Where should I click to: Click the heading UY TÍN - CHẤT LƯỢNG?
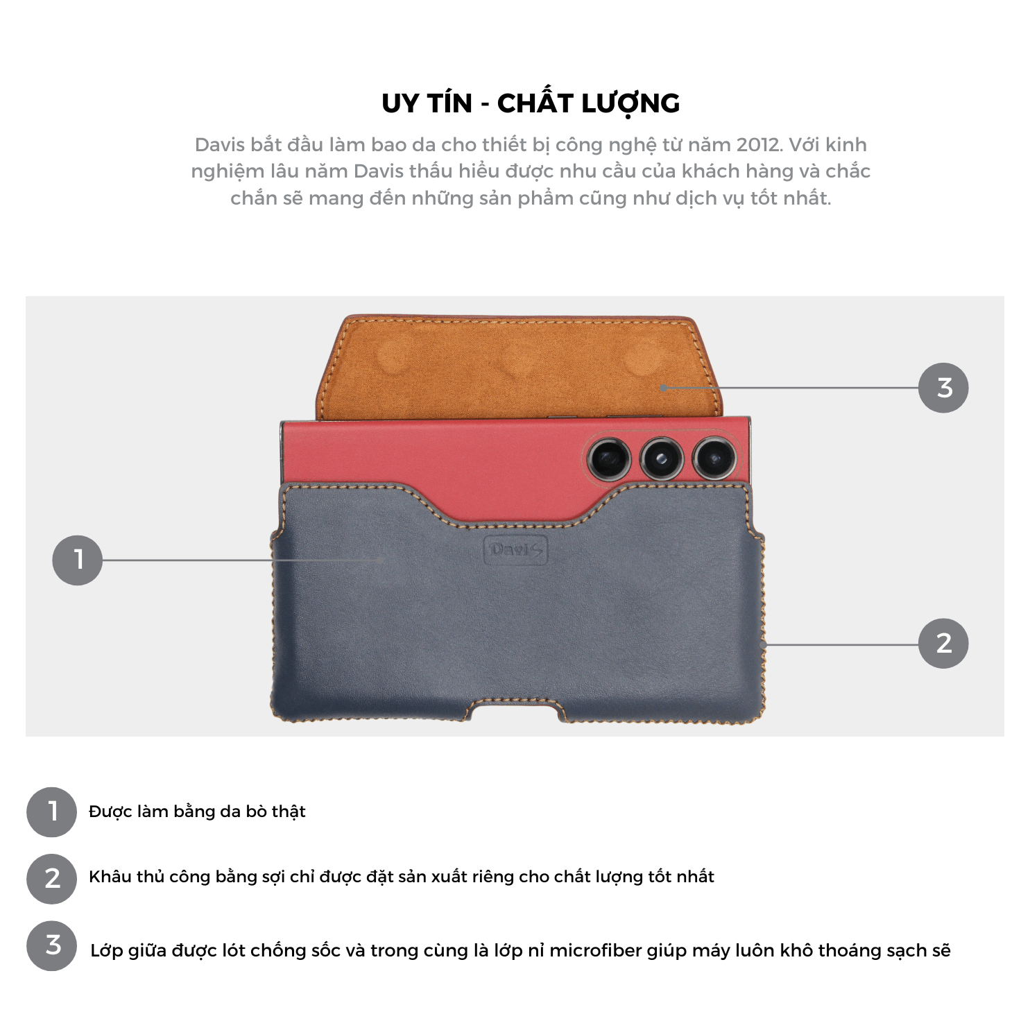pyautogui.click(x=531, y=103)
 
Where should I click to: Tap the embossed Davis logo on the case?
pyautogui.click(x=515, y=551)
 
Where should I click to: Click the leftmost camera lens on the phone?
pyautogui.click(x=609, y=458)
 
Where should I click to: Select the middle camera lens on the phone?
pyautogui.click(x=661, y=458)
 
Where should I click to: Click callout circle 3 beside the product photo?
pyautogui.click(x=943, y=388)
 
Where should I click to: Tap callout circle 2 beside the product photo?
pyautogui.click(x=943, y=644)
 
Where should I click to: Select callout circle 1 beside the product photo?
pyautogui.click(x=78, y=560)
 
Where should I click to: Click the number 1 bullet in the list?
pyautogui.click(x=52, y=812)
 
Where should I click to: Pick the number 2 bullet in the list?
pyautogui.click(x=52, y=879)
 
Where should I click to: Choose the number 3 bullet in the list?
pyautogui.click(x=52, y=945)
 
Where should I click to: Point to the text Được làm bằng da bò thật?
pyautogui.click(x=197, y=812)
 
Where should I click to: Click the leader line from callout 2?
pyautogui.click(x=841, y=645)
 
